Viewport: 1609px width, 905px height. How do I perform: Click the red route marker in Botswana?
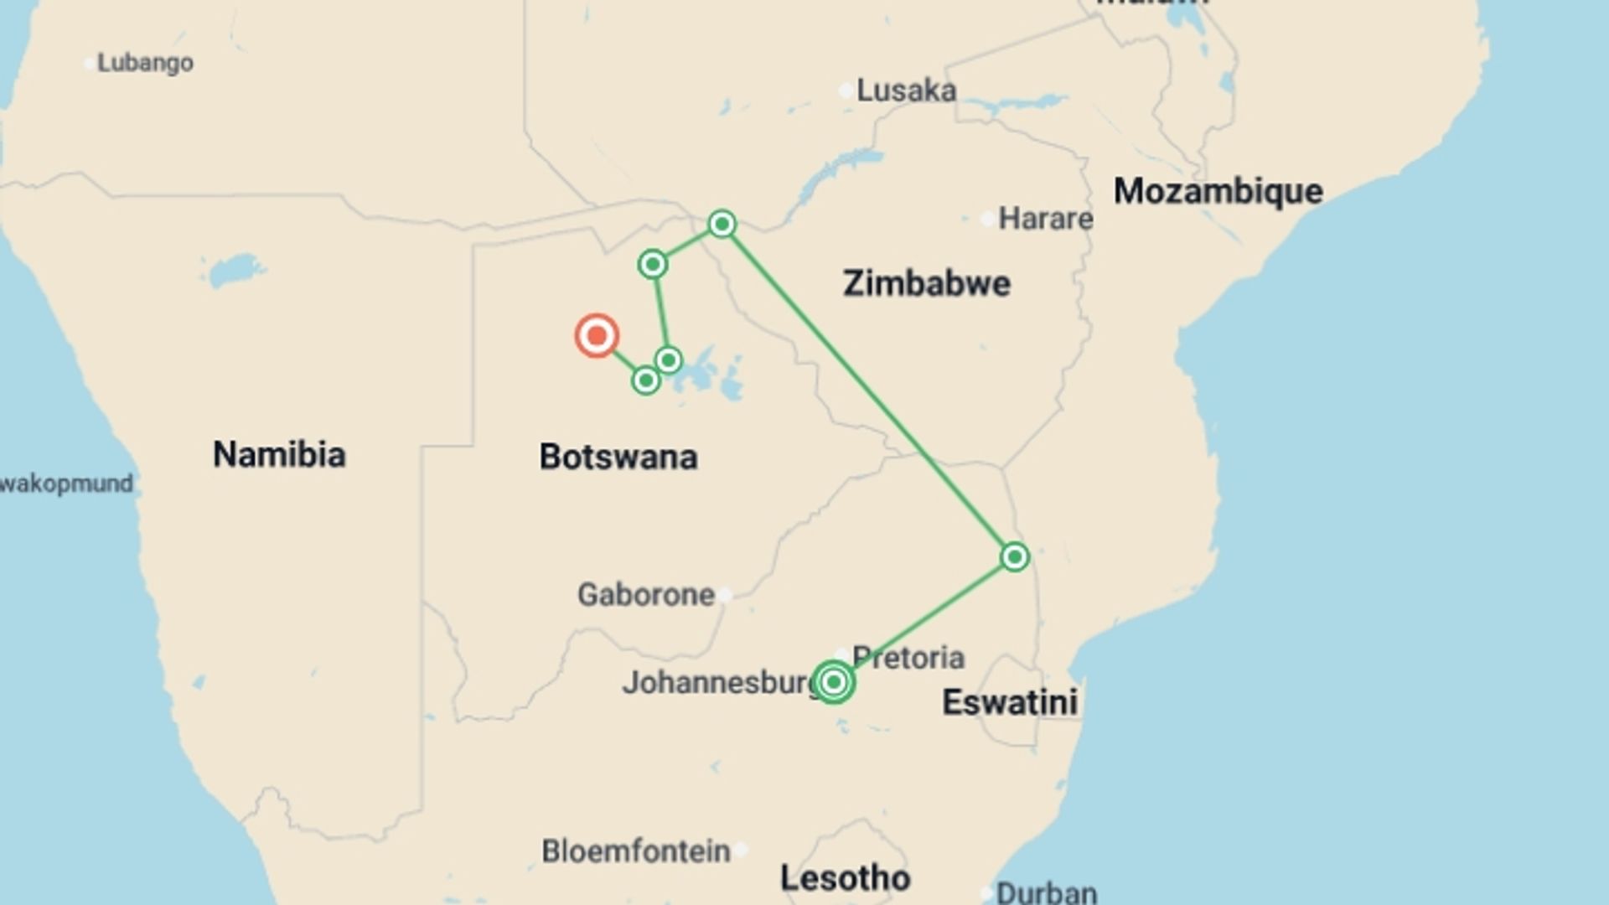597,336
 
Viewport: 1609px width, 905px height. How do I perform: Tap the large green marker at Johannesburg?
833,682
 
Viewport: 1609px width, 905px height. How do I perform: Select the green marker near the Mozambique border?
1015,557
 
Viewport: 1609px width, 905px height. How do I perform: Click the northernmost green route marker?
722,224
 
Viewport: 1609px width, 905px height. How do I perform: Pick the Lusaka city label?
906,90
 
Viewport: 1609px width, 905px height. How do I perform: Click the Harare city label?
1045,219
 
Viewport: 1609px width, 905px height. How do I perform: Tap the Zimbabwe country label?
926,283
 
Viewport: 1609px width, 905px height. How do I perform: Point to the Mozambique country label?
1218,191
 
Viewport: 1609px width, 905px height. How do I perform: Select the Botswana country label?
618,457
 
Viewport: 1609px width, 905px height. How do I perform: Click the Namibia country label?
279,454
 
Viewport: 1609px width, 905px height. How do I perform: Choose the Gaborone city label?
646,595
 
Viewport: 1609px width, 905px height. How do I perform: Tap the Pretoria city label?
908,657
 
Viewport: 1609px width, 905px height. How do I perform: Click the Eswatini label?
1010,702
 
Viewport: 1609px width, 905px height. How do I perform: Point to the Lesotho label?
845,878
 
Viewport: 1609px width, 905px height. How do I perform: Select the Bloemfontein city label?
636,851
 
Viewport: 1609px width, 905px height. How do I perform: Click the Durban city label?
1046,892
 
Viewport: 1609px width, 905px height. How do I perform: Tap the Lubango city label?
145,63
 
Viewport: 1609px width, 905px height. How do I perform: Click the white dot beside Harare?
987,220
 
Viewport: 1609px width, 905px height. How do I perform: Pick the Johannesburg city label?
719,683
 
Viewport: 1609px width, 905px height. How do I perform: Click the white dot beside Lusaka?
846,90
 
